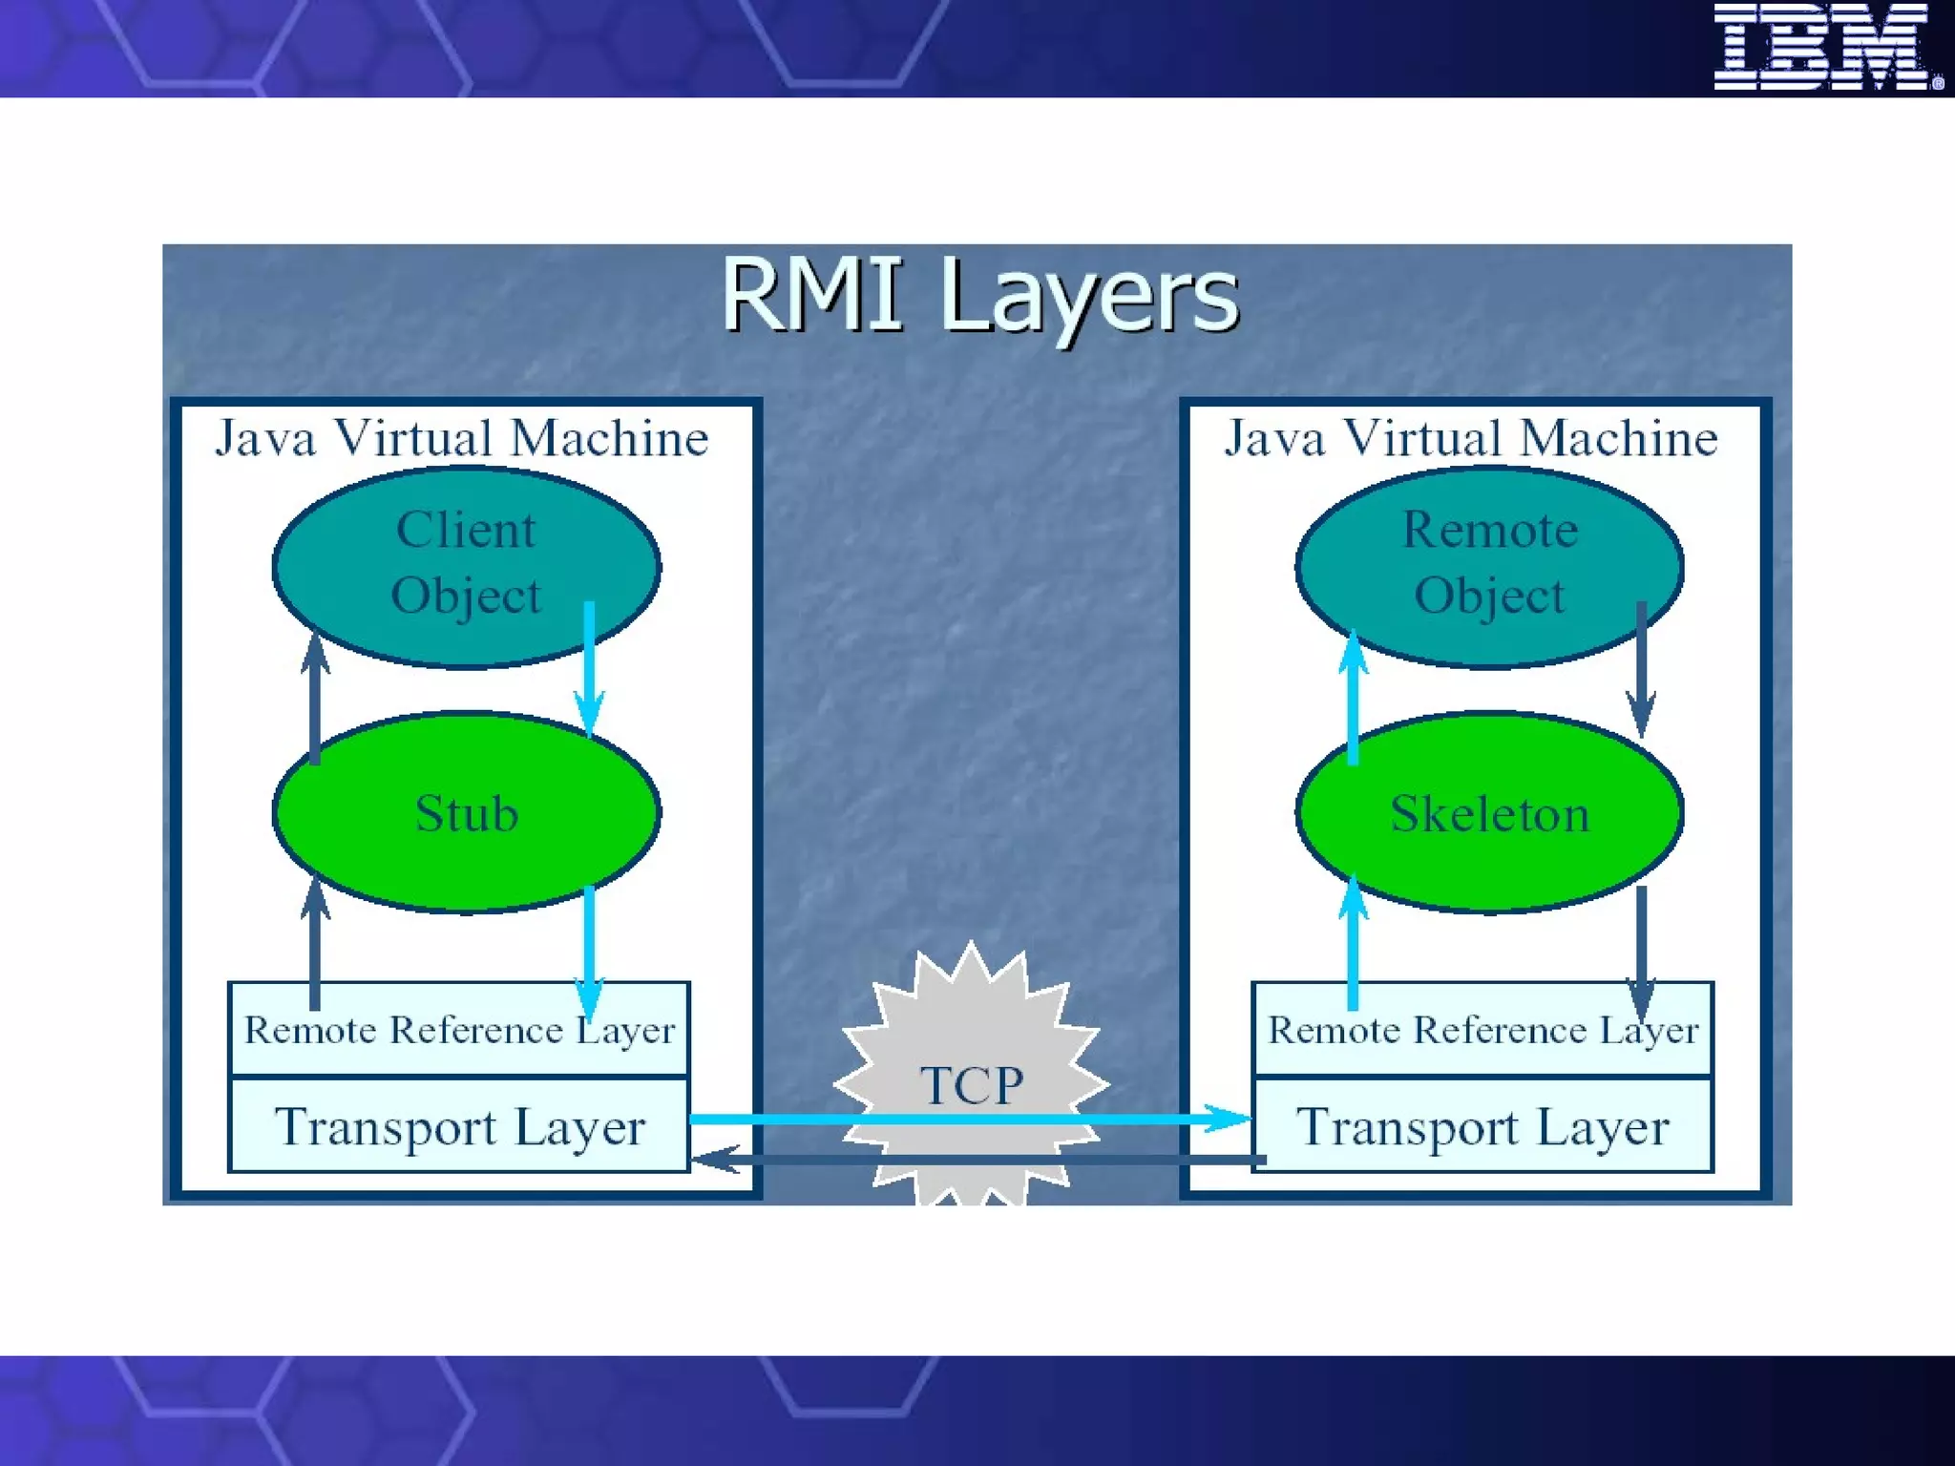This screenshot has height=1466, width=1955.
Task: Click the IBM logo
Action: pyautogui.click(x=1826, y=47)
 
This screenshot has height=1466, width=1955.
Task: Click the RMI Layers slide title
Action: pyautogui.click(x=979, y=296)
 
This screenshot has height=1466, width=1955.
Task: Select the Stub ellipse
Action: pyautogui.click(x=466, y=813)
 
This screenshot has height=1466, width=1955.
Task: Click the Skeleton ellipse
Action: pyautogui.click(x=1489, y=813)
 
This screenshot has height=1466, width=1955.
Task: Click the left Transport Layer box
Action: pyautogui.click(x=459, y=1126)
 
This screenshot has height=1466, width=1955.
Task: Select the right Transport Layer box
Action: pyautogui.click(x=1482, y=1126)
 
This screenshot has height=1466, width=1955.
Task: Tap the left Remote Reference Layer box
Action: pyautogui.click(x=459, y=1030)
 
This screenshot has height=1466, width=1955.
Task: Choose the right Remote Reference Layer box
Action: pyautogui.click(x=1482, y=1030)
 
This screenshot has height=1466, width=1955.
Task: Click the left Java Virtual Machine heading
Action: pyautogui.click(x=462, y=439)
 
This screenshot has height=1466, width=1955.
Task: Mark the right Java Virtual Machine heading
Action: pyautogui.click(x=1471, y=439)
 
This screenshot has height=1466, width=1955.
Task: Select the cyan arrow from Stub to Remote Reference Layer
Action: pyautogui.click(x=589, y=945)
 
